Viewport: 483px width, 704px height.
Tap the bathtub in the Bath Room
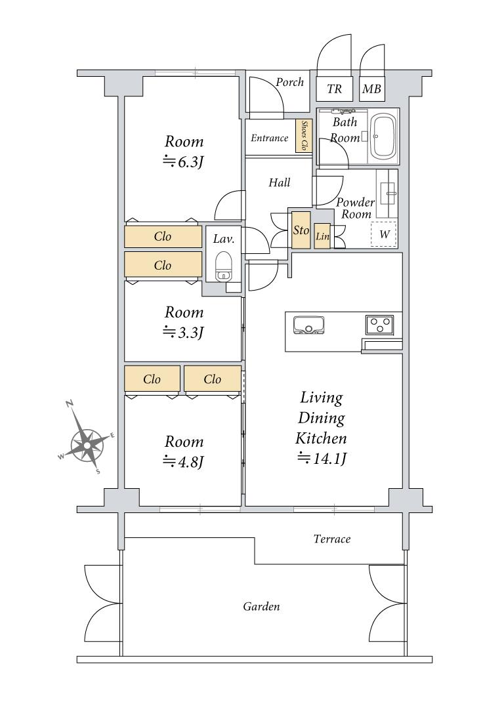[383, 136]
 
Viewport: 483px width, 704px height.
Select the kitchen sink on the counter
[309, 325]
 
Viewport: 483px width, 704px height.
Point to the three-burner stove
[380, 324]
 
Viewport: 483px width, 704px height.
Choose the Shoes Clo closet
[303, 136]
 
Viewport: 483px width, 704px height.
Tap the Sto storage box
[301, 230]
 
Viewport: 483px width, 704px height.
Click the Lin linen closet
[322, 236]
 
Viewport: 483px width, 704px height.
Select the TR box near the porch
[335, 89]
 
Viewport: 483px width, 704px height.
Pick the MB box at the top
[371, 89]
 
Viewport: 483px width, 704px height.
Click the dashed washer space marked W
[384, 234]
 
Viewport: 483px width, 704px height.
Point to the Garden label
[261, 607]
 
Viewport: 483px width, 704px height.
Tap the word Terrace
[331, 539]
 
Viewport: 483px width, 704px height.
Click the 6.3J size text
[183, 161]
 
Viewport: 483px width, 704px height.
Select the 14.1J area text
[322, 459]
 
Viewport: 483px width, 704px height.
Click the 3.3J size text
[183, 332]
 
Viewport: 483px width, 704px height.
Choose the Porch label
[289, 82]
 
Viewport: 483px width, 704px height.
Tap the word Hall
[279, 182]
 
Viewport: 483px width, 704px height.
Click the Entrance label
[269, 138]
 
